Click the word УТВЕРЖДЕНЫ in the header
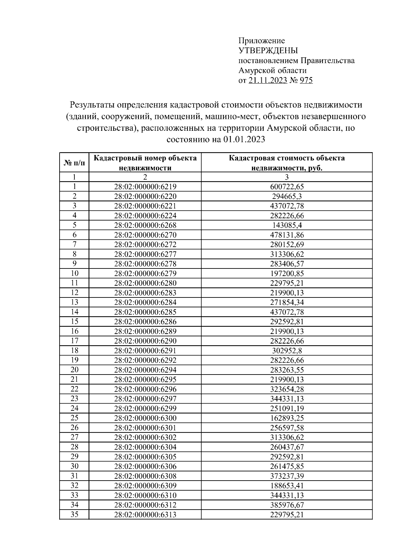[x=268, y=51]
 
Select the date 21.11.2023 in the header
[x=268, y=80]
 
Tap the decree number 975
[x=306, y=80]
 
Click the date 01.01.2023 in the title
[x=244, y=139]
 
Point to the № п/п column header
[x=74, y=163]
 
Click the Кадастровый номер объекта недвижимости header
[x=145, y=163]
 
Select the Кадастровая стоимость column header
[x=287, y=163]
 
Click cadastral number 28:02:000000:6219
[x=145, y=187]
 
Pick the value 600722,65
[x=287, y=187]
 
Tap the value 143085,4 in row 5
[x=287, y=225]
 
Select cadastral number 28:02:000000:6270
[x=145, y=235]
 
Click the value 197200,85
[x=287, y=273]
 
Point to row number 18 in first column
[x=74, y=350]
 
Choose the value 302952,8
[x=287, y=350]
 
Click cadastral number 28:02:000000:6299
[x=145, y=408]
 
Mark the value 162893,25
[x=287, y=418]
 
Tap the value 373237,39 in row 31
[x=287, y=476]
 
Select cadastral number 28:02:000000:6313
[x=145, y=515]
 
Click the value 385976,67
[x=287, y=505]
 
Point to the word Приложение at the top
[x=262, y=41]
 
